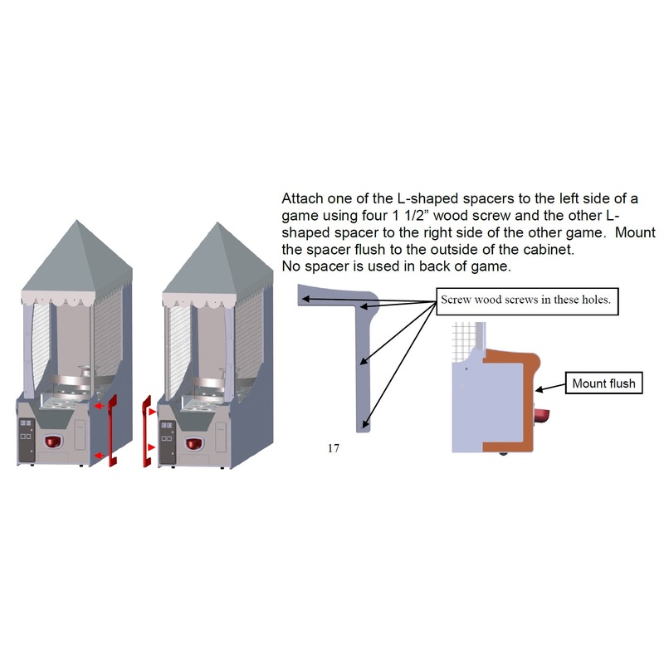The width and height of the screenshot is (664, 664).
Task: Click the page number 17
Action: click(x=334, y=448)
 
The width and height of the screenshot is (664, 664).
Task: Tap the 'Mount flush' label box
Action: click(x=604, y=383)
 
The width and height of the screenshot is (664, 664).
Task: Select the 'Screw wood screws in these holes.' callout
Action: click(x=527, y=301)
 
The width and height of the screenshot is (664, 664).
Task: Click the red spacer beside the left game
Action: click(x=113, y=431)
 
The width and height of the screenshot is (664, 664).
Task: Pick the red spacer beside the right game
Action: click(x=147, y=431)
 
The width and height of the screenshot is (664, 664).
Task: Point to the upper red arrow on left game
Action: click(x=99, y=406)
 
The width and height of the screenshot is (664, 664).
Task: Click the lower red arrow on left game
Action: click(x=99, y=456)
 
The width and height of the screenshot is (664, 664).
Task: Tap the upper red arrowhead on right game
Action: click(x=151, y=412)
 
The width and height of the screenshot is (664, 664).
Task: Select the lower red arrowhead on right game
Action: click(x=151, y=447)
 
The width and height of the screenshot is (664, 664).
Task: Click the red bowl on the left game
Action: click(x=53, y=442)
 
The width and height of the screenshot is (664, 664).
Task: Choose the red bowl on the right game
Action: click(x=195, y=444)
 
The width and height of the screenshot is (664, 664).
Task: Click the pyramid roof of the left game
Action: click(x=77, y=258)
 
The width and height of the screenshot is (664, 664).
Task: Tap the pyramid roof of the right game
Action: click(x=217, y=261)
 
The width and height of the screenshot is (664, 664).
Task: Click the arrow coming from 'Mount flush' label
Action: click(x=550, y=387)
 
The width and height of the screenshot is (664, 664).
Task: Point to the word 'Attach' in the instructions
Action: click(x=302, y=198)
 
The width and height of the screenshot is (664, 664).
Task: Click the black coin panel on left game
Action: click(x=27, y=440)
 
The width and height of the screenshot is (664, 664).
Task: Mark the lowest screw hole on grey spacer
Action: click(x=364, y=423)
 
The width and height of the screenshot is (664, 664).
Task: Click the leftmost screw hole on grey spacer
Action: click(x=304, y=299)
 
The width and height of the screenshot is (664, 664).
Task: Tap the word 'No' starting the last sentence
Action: click(x=291, y=266)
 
